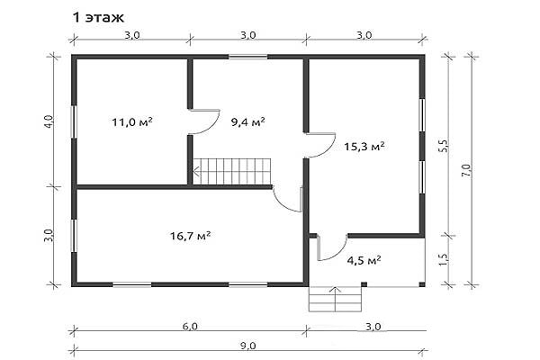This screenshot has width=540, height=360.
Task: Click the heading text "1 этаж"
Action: coord(98,17)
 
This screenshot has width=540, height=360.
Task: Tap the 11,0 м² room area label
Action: coord(132,122)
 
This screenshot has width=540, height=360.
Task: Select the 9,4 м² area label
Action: coord(248,122)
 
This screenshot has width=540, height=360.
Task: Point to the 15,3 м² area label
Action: coord(364,147)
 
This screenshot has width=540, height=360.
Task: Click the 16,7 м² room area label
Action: coord(191,236)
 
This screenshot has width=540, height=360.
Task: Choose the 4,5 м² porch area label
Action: coord(364,260)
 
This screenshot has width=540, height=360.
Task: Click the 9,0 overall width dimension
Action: coord(248,346)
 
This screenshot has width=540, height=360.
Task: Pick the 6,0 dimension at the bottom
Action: coord(190,326)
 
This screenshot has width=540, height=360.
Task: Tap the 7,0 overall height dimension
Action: coord(466,170)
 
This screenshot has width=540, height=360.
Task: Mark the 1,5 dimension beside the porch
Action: coord(444,260)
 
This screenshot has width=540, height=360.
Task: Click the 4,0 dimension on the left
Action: coord(49,121)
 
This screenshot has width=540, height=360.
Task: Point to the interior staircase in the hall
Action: coord(232,171)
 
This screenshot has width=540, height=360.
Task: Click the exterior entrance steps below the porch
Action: coord(335,299)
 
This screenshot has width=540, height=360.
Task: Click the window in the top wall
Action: coord(248,57)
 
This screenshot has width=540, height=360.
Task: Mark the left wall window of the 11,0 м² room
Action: coord(74,121)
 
